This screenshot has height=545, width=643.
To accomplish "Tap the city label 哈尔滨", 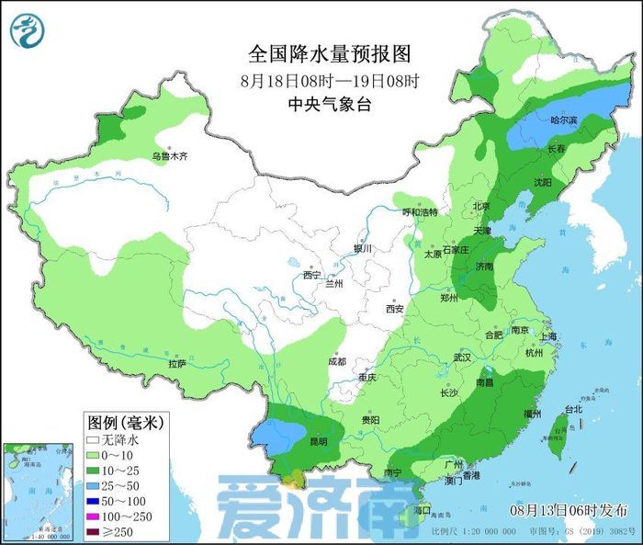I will (x=564, y=120).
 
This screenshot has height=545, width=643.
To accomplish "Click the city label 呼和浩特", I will (x=421, y=211).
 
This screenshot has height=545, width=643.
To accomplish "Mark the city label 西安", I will (x=395, y=309).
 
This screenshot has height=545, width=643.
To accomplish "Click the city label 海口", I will (x=423, y=509).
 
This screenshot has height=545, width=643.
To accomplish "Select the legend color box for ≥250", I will (x=94, y=531).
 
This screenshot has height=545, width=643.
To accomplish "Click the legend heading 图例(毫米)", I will (x=125, y=423).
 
